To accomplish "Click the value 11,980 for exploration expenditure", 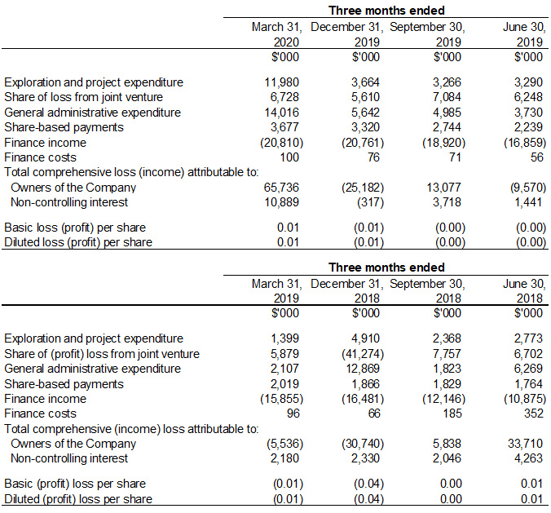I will [283, 82].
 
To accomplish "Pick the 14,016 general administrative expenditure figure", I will [283, 112].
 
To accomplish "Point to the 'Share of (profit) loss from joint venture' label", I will [102, 354].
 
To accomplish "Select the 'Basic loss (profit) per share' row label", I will [75, 227].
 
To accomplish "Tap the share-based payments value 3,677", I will [286, 127].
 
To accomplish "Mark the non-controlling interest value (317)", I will [370, 201].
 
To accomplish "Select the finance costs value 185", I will [454, 413].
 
